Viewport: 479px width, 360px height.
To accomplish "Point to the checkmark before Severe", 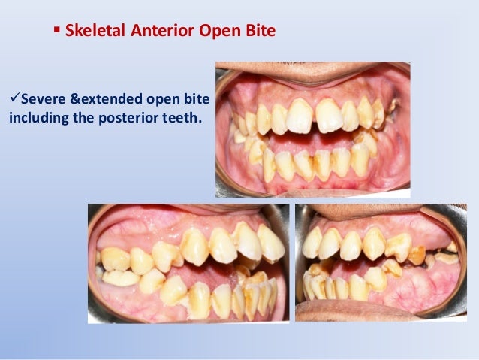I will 12,100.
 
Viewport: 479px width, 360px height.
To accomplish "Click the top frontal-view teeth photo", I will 312,129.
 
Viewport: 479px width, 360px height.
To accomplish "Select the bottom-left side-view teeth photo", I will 188,263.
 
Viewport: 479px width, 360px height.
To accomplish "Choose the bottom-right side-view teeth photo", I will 381,263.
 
